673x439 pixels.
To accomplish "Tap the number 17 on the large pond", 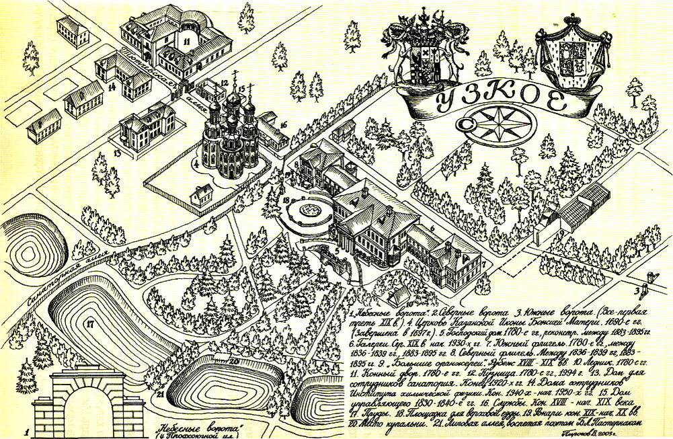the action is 89,324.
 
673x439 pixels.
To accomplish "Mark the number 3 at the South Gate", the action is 637,290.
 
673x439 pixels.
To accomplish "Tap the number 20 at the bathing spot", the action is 234,361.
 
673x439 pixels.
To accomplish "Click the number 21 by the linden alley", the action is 161,395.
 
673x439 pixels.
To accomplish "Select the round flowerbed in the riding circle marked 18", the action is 311,212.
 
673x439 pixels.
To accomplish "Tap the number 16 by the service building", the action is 283,125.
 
